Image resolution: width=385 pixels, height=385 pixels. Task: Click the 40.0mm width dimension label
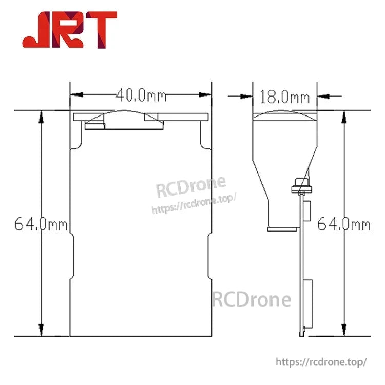click(x=141, y=95)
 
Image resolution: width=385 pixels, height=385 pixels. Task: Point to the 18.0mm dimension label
click(x=284, y=96)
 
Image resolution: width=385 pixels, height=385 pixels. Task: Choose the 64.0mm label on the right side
click(x=343, y=224)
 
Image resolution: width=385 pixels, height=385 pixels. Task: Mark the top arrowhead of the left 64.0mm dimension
click(x=41, y=116)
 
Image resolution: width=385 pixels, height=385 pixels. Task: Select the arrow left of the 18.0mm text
click(x=246, y=95)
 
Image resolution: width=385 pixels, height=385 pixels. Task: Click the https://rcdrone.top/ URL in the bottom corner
click(x=321, y=362)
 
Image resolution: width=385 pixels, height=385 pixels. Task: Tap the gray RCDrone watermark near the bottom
click(x=252, y=299)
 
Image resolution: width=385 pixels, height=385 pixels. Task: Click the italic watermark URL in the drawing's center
click(x=193, y=203)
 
